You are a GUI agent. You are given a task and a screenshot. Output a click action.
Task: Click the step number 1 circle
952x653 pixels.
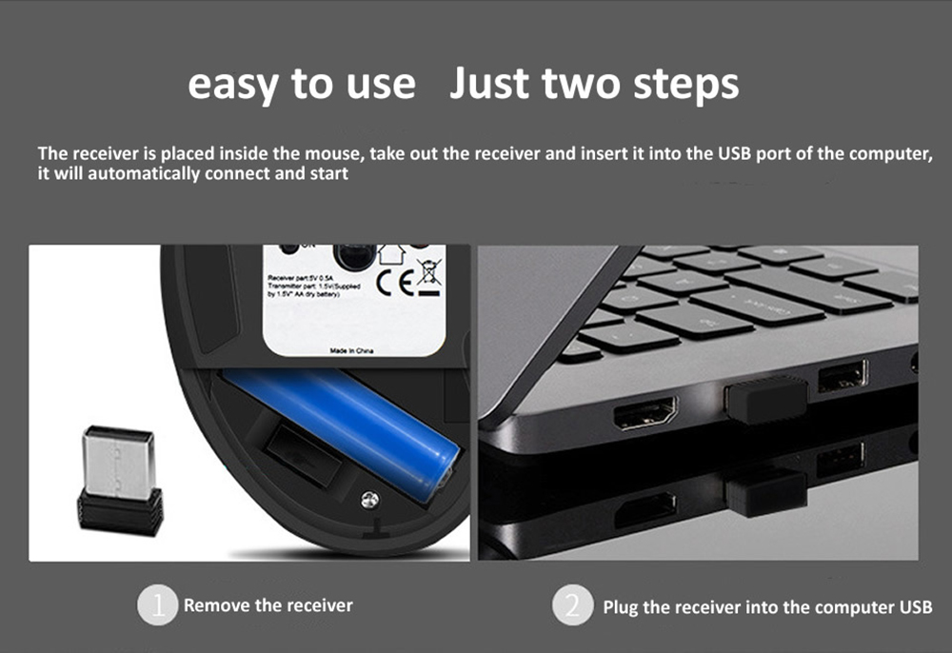158,605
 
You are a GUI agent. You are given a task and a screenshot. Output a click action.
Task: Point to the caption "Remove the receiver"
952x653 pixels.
268,605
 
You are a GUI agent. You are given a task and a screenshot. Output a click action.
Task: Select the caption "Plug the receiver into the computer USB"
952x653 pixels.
767,606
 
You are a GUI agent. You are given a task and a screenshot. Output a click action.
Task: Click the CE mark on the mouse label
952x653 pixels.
392,283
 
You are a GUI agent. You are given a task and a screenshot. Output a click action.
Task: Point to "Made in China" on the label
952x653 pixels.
351,351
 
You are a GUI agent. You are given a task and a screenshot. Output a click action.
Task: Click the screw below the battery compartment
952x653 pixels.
369,497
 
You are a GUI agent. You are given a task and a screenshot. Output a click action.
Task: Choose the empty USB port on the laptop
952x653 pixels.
842,375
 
